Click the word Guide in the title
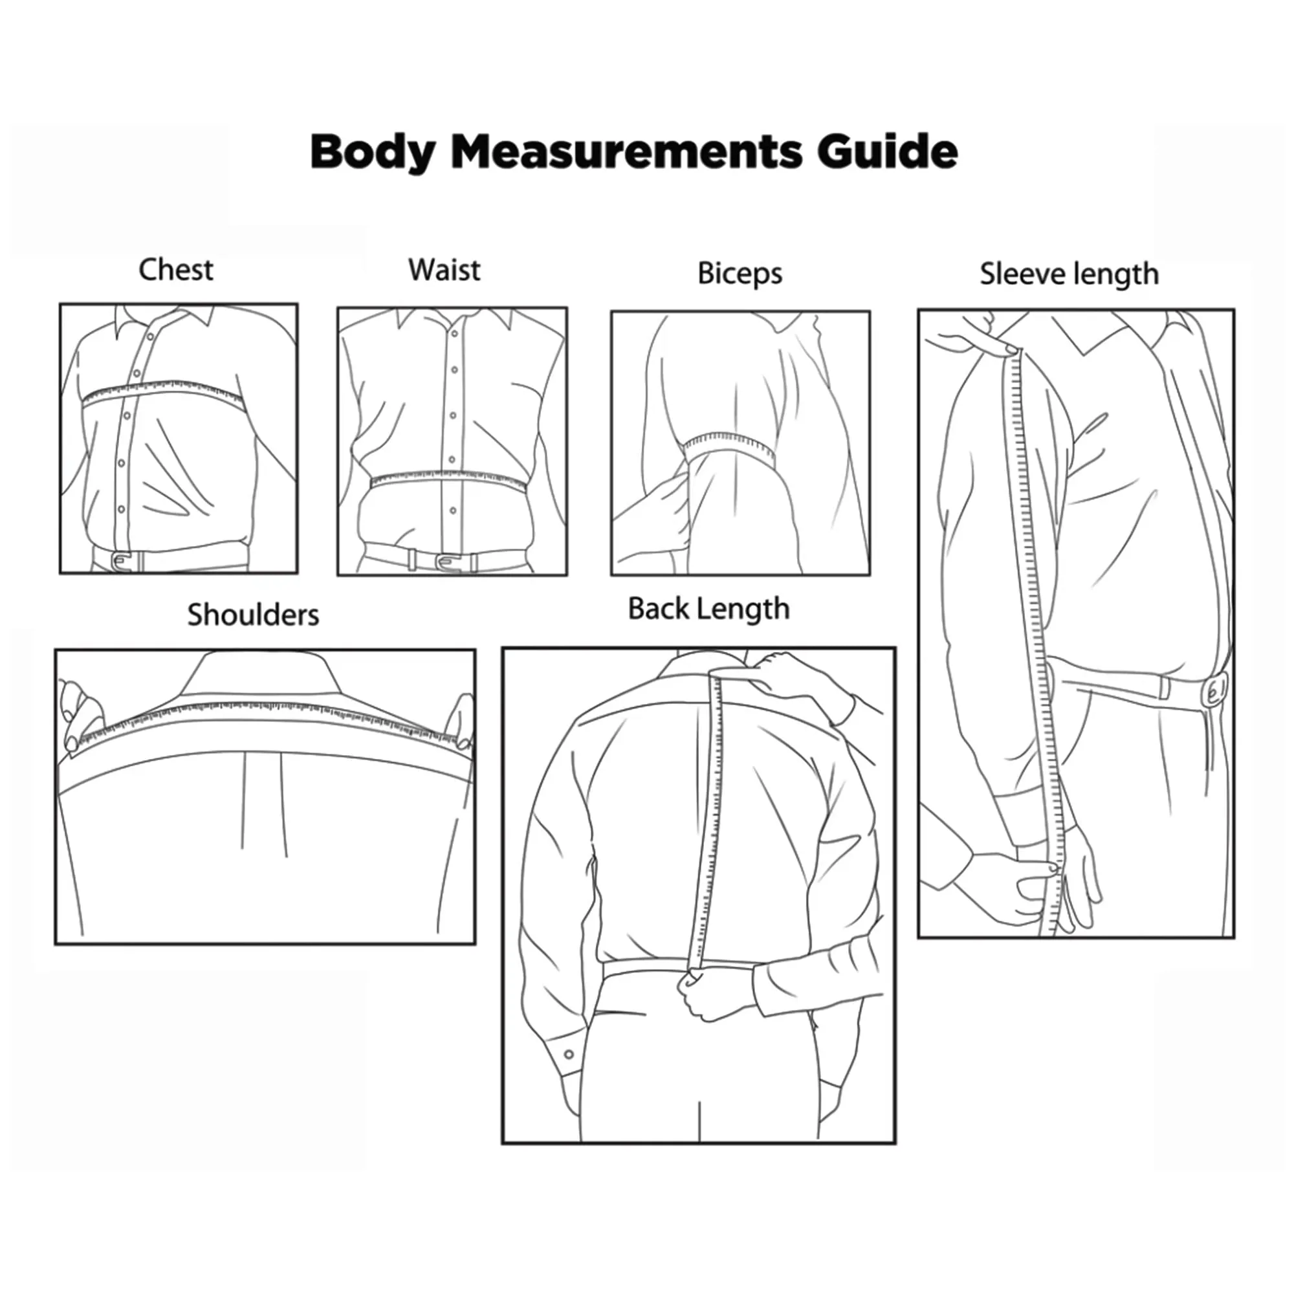[x=887, y=151]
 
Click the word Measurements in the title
[x=626, y=151]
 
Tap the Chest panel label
[x=176, y=270]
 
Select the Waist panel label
[x=444, y=270]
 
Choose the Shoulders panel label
[x=252, y=615]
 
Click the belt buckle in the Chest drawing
[x=122, y=560]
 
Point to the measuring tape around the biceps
[x=729, y=449]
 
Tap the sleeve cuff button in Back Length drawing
[x=569, y=1054]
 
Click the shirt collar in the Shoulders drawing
[x=260, y=674]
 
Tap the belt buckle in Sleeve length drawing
[x=1216, y=691]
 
